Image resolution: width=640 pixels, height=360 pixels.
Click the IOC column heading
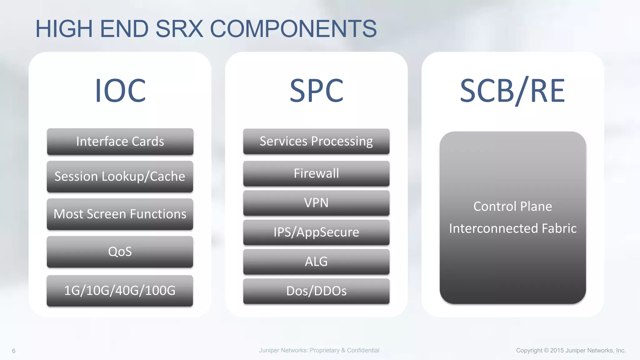tap(120, 91)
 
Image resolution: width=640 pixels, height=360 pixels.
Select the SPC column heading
tap(316, 91)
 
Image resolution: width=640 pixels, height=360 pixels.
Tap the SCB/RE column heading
tap(512, 91)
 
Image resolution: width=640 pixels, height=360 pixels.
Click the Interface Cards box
tap(120, 142)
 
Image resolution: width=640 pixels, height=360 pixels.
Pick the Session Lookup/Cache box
tap(120, 177)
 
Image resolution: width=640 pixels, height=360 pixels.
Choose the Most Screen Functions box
tap(120, 214)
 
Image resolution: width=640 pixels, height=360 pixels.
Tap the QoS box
tap(120, 252)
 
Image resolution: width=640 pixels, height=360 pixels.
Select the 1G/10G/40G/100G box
tap(120, 291)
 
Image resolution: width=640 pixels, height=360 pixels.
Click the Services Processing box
tap(316, 141)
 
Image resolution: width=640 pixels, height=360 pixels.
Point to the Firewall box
tap(316, 173)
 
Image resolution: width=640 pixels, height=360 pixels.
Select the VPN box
tap(316, 203)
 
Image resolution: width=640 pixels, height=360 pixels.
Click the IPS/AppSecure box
tap(316, 232)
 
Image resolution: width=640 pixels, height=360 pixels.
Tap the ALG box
tap(316, 262)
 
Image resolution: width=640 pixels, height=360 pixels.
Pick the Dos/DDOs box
tap(316, 291)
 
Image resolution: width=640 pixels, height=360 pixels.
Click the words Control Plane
tap(512, 207)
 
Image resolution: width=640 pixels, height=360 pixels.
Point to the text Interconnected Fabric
tap(512, 228)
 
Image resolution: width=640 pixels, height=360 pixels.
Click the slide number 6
tap(14, 351)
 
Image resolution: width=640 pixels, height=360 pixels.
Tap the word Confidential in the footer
tap(363, 350)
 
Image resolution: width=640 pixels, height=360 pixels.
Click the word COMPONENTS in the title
tap(293, 29)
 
